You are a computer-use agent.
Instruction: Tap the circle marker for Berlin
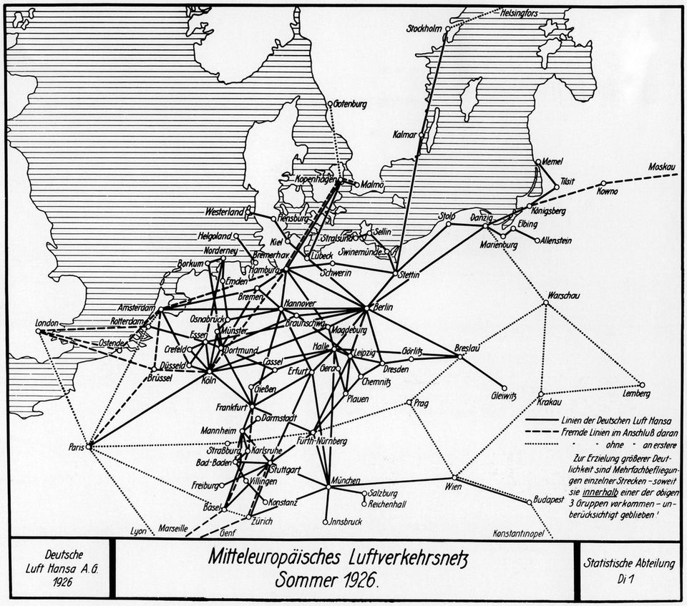367,308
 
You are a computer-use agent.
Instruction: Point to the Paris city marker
89,446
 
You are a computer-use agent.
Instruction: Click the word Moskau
662,167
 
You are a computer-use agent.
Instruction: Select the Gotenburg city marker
330,104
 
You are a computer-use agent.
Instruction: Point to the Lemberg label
636,394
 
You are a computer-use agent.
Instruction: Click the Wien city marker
454,477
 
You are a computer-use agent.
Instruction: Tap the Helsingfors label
522,12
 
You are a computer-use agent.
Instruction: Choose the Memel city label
553,160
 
